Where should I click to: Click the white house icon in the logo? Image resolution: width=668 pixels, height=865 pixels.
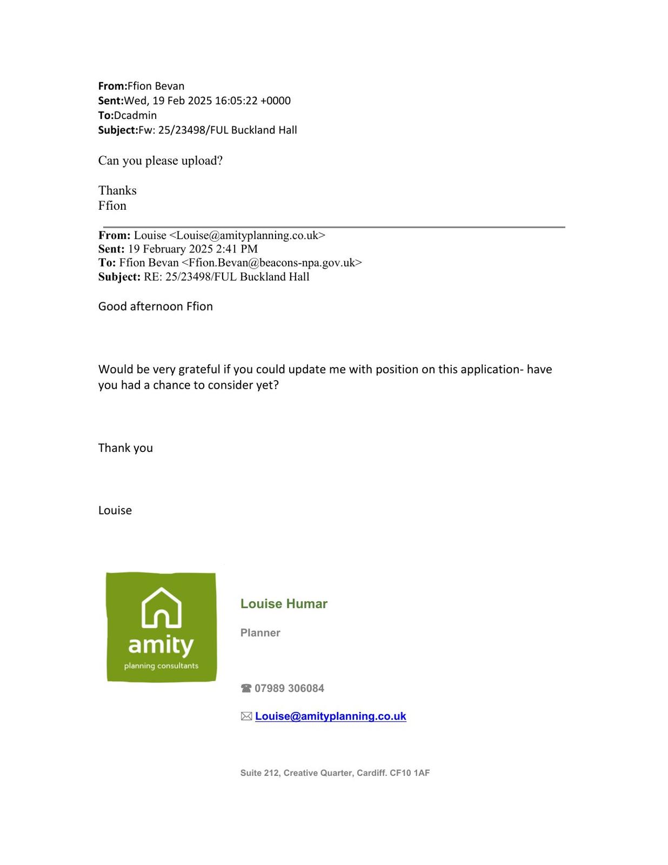click(x=161, y=608)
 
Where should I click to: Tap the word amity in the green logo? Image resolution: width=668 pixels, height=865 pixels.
click(x=161, y=645)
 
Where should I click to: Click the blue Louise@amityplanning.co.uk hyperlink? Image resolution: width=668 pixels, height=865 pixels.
click(x=330, y=716)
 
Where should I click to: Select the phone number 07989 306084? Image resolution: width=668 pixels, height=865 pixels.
click(x=289, y=688)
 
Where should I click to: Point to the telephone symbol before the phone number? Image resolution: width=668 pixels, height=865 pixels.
click(x=246, y=688)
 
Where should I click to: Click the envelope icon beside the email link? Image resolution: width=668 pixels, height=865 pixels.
click(x=246, y=716)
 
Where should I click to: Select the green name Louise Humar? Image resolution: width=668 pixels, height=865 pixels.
click(x=284, y=604)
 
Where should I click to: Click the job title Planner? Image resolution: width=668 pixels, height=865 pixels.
click(x=260, y=633)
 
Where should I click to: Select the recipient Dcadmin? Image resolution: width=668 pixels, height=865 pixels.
click(x=135, y=115)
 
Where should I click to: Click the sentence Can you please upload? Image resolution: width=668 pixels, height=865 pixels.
click(x=161, y=161)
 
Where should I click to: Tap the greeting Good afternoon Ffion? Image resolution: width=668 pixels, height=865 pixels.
click(x=156, y=307)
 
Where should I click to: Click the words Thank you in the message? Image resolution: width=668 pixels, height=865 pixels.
click(x=125, y=448)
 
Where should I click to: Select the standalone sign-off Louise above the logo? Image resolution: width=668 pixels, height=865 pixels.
click(x=115, y=511)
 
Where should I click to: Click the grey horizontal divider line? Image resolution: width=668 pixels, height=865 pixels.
click(x=334, y=227)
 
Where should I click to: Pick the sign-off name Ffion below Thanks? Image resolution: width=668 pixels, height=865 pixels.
click(x=112, y=206)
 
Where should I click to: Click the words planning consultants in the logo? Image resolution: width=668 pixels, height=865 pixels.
click(x=161, y=666)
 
